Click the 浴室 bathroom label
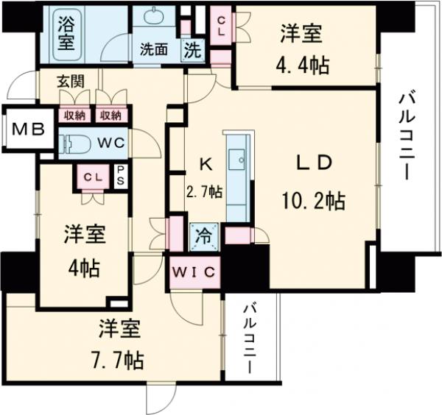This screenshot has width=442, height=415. click(x=66, y=33)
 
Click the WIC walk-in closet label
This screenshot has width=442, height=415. click(x=194, y=272)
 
